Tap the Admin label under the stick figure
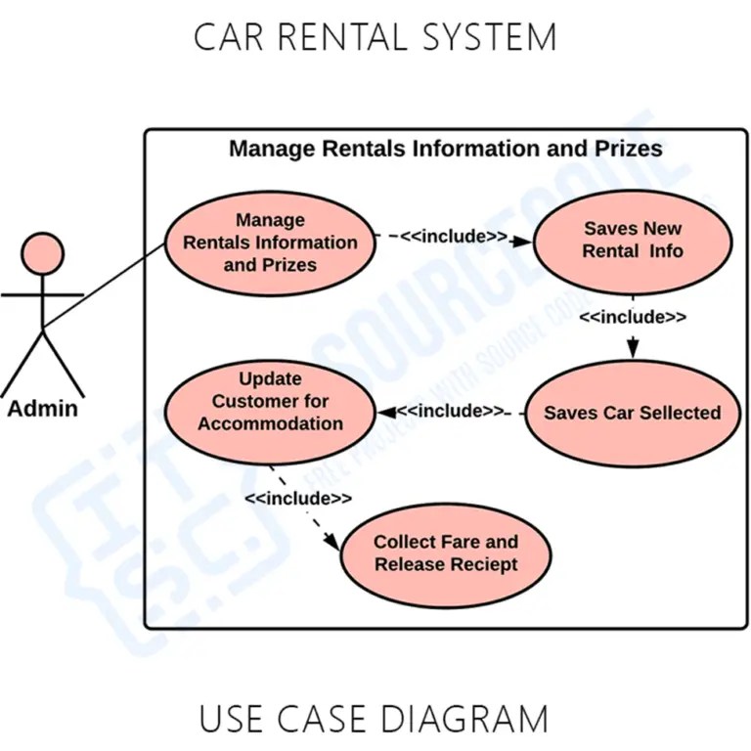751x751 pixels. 42,408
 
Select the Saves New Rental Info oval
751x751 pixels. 633,241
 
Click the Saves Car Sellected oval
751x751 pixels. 632,413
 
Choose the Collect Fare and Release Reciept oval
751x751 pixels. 445,553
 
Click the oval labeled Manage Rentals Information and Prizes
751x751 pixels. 270,243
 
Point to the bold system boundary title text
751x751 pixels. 445,149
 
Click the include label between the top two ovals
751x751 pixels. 454,237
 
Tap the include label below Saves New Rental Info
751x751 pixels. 632,317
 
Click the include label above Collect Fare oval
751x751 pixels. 298,498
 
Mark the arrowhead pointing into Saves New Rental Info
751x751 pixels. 525,238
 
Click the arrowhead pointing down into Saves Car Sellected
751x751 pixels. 633,348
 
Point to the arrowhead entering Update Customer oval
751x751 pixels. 387,412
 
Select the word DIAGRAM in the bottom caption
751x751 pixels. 468,719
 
